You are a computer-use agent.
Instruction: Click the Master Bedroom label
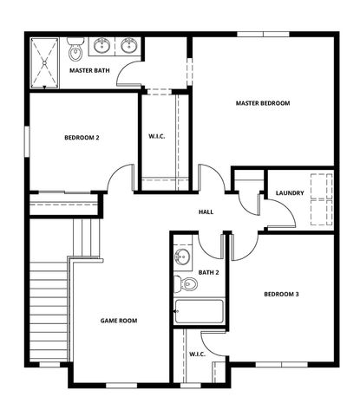coord(262,103)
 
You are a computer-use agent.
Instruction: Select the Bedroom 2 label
coord(82,138)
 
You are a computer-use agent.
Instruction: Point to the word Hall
coord(206,211)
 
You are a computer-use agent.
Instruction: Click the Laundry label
coord(289,192)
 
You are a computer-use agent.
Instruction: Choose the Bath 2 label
coord(208,272)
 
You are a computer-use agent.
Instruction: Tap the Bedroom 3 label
coord(281,294)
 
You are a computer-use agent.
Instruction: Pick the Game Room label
coord(119,321)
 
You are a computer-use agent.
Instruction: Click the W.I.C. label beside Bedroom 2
coord(157,135)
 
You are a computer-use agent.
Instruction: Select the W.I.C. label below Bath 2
coord(196,354)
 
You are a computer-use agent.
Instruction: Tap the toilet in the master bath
coord(75,44)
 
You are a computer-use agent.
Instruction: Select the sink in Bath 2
coord(182,257)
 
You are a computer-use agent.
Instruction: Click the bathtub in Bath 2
coord(199,311)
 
